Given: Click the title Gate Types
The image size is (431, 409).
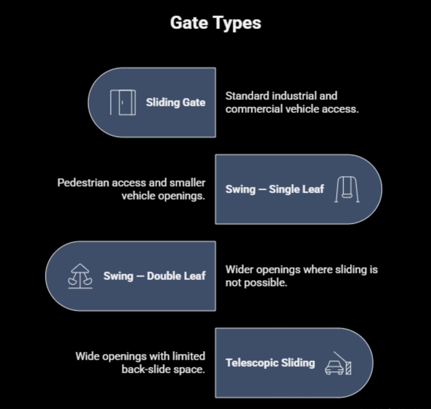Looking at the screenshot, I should [215, 23].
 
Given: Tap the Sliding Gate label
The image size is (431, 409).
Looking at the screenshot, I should [176, 102].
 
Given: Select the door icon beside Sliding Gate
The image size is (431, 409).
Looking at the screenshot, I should [123, 102].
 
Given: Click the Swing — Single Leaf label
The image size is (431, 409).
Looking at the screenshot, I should [274, 189].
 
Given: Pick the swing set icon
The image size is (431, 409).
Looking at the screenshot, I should [347, 189].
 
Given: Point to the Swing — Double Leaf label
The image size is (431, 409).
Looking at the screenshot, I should [154, 276].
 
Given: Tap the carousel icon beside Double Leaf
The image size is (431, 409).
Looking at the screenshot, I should [80, 276].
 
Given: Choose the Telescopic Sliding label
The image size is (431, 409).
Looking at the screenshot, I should [270, 363].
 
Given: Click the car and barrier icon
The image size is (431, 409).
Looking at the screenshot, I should [338, 363].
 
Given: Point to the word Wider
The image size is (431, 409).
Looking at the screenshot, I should [239, 269].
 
